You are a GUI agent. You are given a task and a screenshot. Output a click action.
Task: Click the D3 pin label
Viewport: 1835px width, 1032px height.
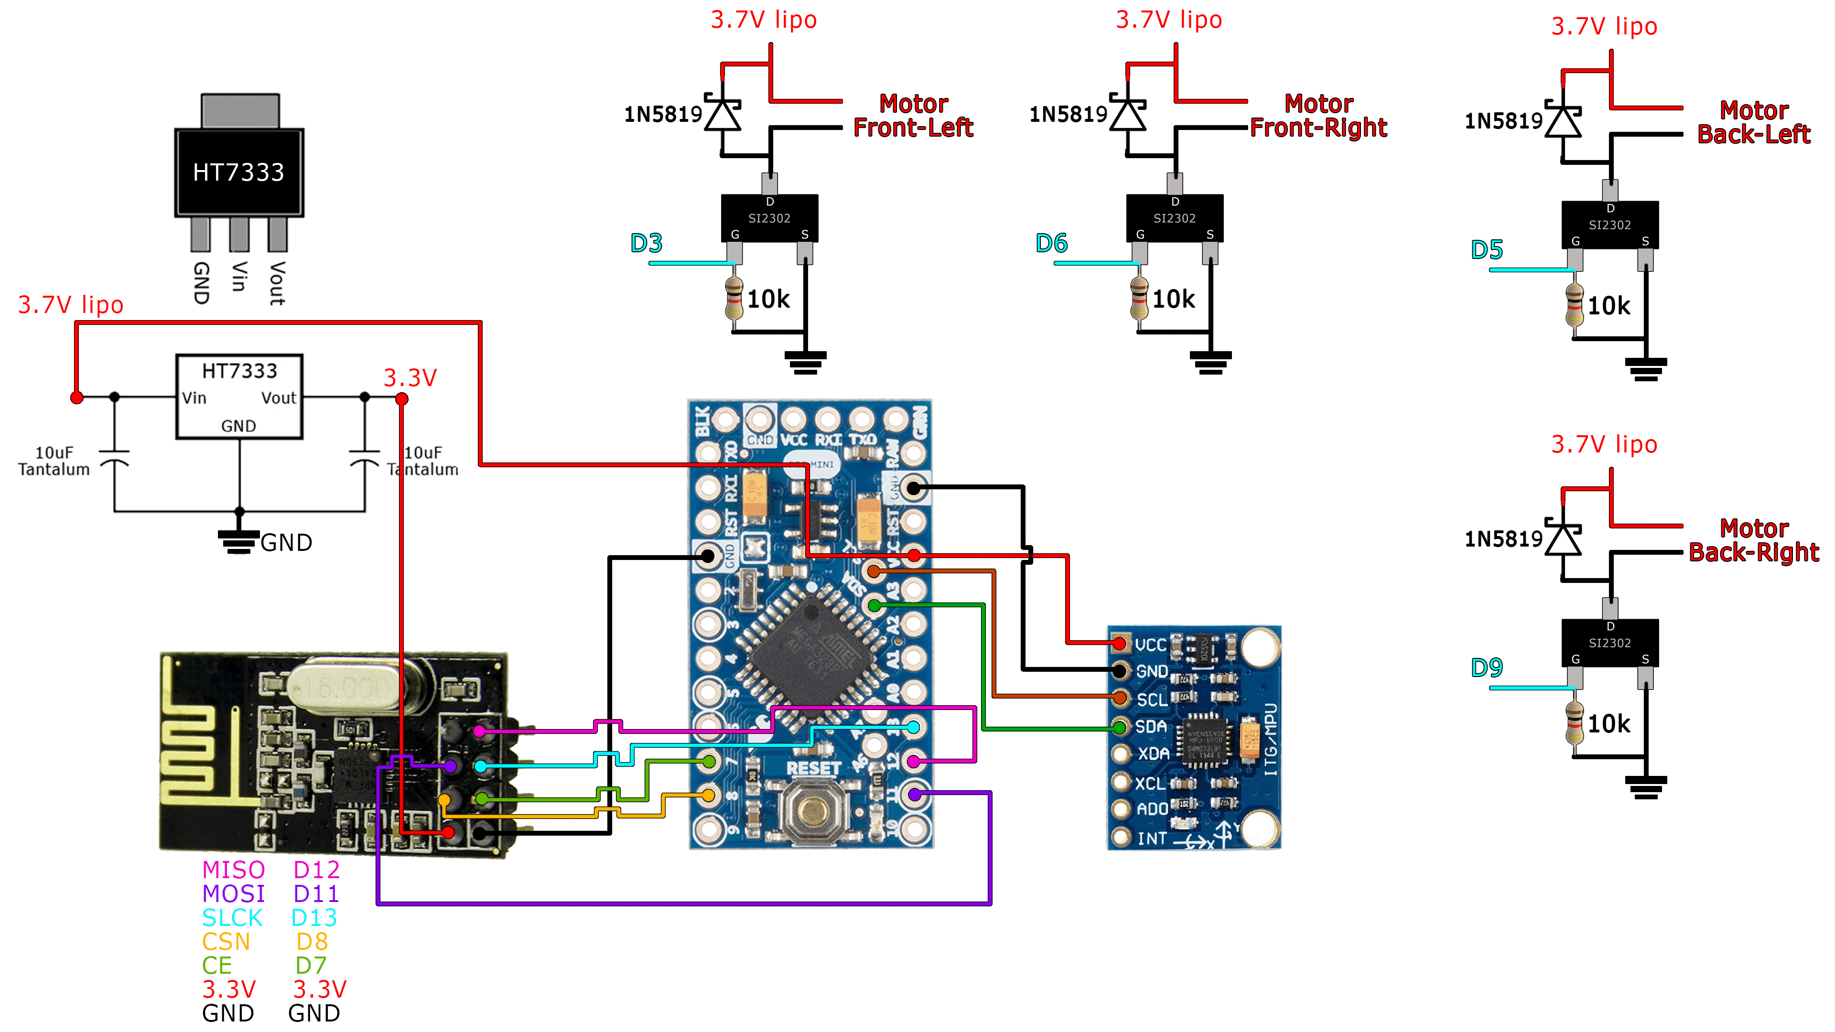(x=646, y=244)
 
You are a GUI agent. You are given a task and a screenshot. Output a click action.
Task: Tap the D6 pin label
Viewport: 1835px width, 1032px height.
(x=1051, y=244)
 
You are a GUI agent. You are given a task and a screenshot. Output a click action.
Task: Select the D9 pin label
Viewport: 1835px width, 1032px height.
(x=1486, y=667)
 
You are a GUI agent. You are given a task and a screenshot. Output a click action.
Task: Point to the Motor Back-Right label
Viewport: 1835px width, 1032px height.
(x=1753, y=540)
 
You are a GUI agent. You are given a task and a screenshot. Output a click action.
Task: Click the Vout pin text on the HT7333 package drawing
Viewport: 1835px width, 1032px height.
(x=277, y=283)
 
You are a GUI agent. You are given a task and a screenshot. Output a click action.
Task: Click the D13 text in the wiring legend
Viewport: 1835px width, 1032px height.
(x=314, y=917)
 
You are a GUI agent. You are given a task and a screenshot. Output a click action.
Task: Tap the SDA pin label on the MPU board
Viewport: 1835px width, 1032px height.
(x=1150, y=726)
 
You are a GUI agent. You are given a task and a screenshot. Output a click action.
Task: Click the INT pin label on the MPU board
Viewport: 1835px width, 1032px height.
(x=1152, y=838)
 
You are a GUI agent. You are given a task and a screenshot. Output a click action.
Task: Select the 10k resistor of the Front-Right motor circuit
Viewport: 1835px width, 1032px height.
(x=1139, y=299)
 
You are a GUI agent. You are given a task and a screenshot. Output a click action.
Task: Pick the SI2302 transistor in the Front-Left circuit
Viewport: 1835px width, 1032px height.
(x=769, y=218)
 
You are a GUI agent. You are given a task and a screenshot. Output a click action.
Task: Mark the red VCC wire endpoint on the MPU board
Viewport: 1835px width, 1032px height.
(x=1119, y=644)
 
